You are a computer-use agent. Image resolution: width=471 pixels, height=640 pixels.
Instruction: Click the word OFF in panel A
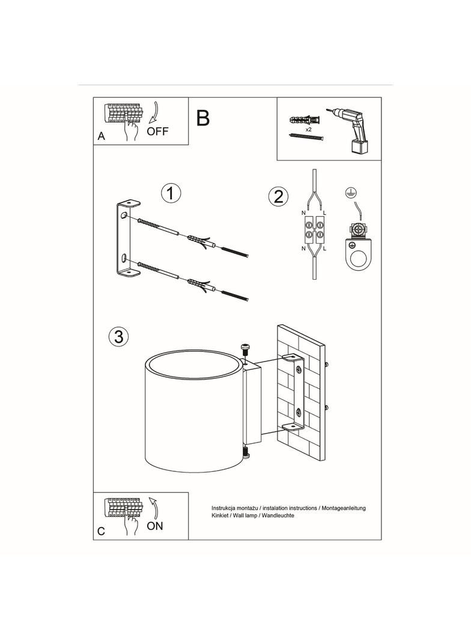pos(158,131)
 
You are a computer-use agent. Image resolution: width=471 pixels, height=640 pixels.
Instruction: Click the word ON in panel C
pos(155,526)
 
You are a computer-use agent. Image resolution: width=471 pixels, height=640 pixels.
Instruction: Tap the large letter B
pos(203,118)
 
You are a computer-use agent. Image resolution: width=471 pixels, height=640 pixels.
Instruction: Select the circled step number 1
pos(171,193)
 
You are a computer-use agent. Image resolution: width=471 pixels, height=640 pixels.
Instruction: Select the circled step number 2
pos(278,196)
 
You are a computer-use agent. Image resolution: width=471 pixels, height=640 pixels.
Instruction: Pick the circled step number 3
pos(118,336)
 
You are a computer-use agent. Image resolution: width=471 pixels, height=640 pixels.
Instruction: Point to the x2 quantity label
pos(308,129)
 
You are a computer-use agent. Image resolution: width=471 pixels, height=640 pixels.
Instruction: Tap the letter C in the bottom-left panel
pos(102,531)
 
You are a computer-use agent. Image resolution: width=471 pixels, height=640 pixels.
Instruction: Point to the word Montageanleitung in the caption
pos(344,508)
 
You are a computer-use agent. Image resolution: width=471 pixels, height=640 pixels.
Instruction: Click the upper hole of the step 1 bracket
pos(124,215)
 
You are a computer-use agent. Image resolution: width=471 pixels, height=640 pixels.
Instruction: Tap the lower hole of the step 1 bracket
pos(124,258)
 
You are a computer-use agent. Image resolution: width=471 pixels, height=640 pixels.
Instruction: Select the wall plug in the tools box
pos(306,119)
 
